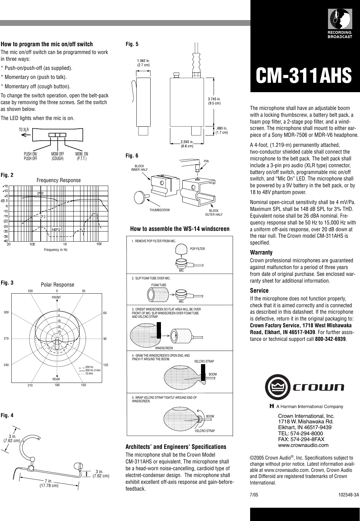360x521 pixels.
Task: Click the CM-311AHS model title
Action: (303, 75)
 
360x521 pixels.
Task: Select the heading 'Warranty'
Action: (261, 252)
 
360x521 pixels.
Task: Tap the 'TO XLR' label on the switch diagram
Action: (24, 130)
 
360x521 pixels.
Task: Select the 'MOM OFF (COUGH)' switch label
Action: (58, 156)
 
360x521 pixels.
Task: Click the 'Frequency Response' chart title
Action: (58, 180)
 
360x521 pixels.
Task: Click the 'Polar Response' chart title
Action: (58, 285)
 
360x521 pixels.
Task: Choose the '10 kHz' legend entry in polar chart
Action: (89, 374)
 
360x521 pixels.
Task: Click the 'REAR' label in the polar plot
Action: (56, 379)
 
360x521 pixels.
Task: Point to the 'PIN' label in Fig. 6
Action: (206, 161)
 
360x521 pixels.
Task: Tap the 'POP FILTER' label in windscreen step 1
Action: (197, 249)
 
